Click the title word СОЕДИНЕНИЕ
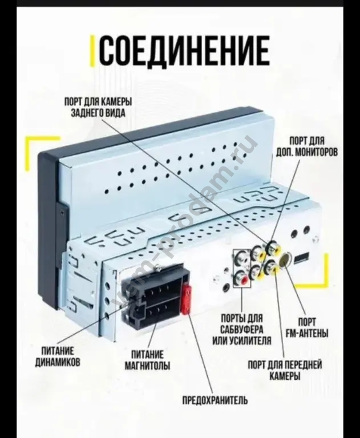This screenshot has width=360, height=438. pos(184,51)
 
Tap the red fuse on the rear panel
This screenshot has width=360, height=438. pos(185,301)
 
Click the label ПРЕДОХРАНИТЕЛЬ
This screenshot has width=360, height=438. pos(215,400)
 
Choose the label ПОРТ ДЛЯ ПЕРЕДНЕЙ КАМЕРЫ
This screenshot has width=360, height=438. pos(284,370)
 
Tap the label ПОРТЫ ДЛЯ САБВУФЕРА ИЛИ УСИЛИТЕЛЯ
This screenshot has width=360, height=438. pos(242,329)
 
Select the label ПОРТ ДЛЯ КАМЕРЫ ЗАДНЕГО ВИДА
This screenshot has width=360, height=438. pos(99,107)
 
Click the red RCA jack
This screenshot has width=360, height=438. pos(244,279)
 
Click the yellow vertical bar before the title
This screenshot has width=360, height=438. pos(93,51)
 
